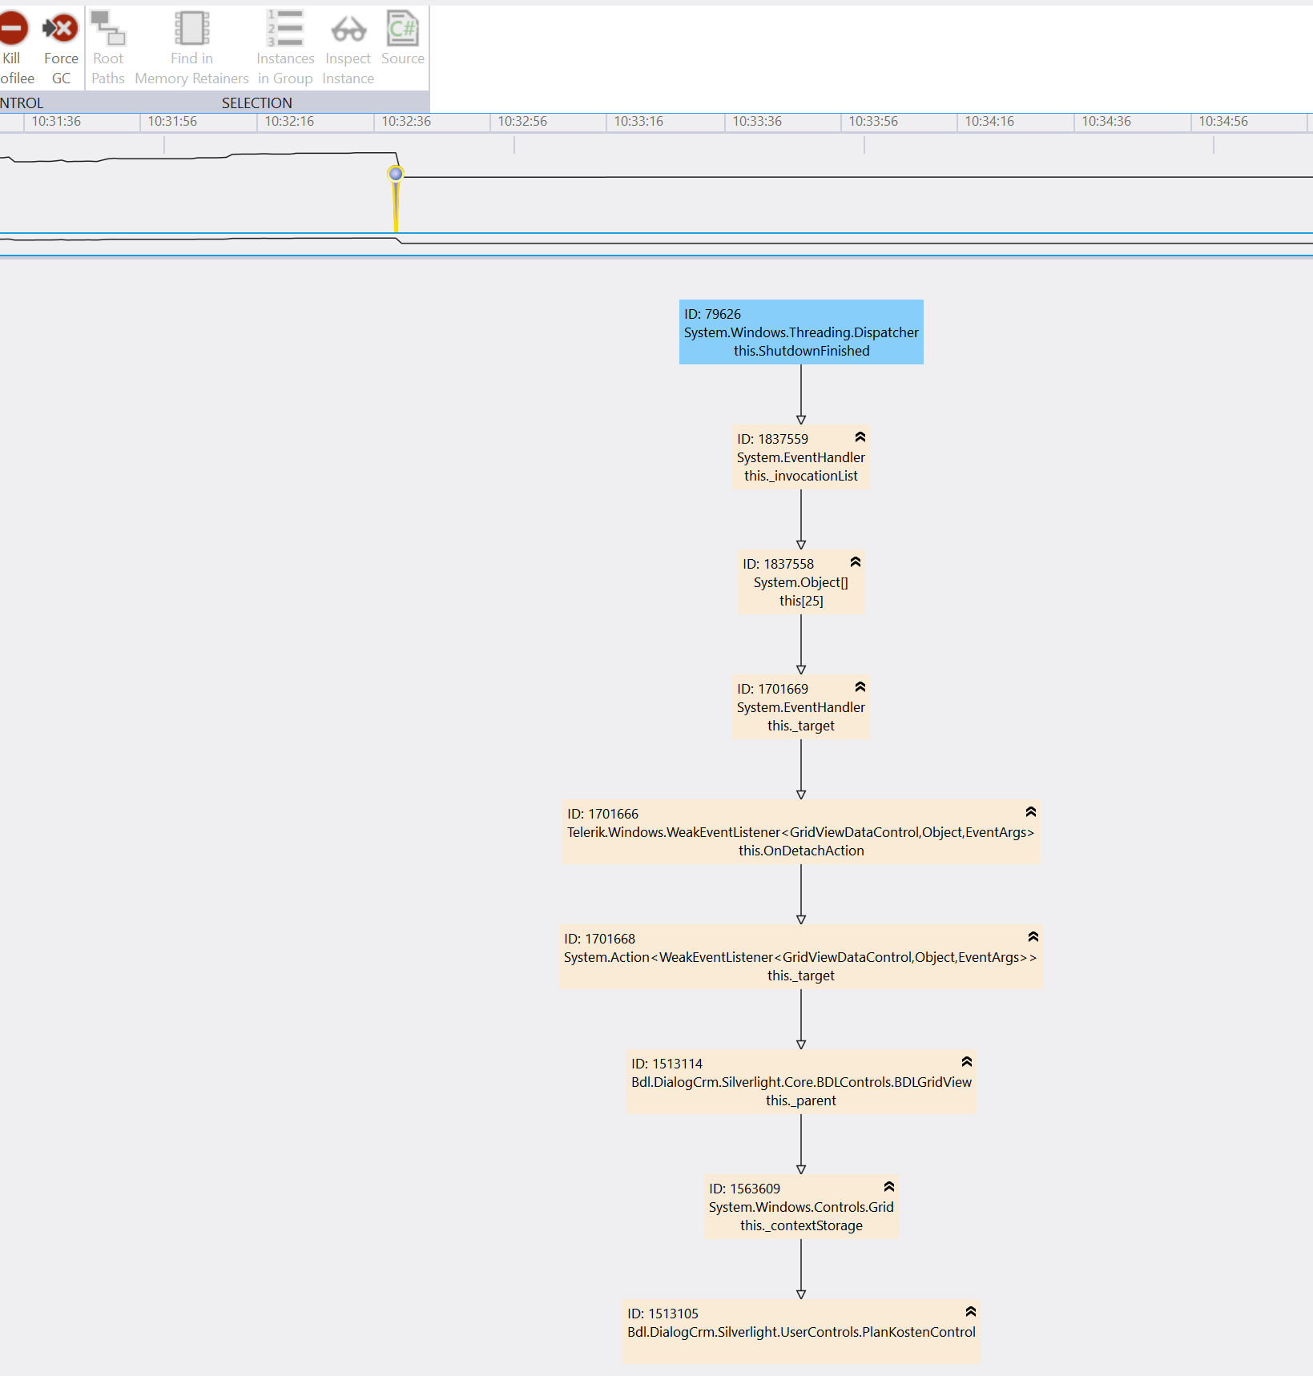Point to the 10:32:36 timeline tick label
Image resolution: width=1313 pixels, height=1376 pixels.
[406, 122]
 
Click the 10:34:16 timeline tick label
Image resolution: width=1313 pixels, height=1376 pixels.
[989, 122]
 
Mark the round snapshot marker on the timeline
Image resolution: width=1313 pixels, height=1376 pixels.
[396, 174]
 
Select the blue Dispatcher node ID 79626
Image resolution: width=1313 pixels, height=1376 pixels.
[801, 332]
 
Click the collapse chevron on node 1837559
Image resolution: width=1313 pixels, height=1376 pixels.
[860, 437]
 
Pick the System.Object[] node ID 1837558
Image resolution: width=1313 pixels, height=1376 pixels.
[801, 582]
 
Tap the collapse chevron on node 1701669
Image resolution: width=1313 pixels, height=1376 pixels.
[860, 687]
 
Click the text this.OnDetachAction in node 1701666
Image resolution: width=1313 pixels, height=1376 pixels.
[801, 851]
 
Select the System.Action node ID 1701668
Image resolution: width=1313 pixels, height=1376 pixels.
[801, 957]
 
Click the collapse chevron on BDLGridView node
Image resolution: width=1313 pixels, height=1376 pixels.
[967, 1062]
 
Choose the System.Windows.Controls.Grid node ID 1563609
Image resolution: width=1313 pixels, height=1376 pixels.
[801, 1207]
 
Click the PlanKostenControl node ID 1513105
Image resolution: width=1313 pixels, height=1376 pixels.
[801, 1332]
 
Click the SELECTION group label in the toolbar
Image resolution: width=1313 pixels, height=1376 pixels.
[257, 103]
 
